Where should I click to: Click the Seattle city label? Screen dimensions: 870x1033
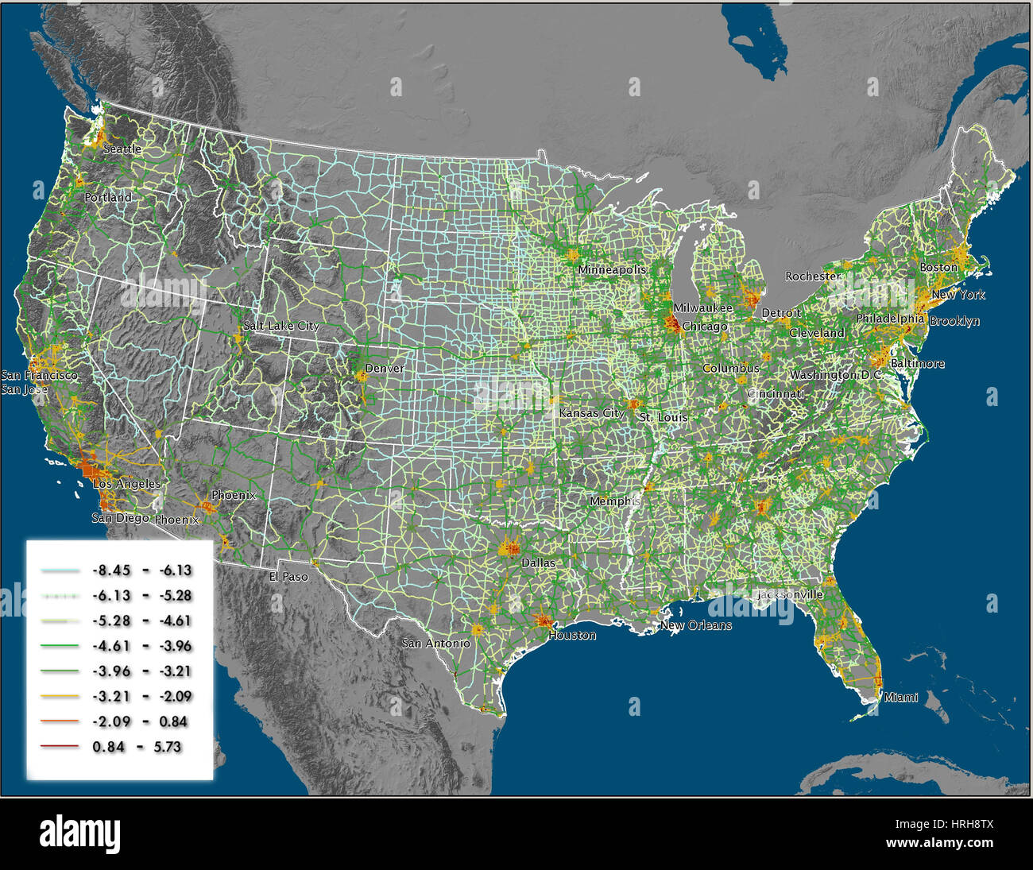click(x=122, y=149)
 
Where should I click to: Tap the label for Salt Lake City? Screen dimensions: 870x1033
click(x=281, y=326)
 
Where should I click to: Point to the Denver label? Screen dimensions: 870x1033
click(x=385, y=369)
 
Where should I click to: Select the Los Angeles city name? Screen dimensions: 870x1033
click(x=127, y=483)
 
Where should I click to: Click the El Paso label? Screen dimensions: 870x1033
click(x=288, y=577)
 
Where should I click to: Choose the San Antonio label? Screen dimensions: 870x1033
click(x=436, y=643)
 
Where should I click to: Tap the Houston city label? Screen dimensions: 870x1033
click(x=572, y=636)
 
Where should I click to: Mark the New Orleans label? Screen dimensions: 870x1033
click(x=696, y=625)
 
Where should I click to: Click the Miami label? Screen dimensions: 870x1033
click(x=901, y=698)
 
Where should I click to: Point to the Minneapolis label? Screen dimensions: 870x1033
click(x=612, y=270)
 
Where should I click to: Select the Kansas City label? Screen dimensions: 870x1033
click(x=592, y=413)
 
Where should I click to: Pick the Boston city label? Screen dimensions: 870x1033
click(x=938, y=268)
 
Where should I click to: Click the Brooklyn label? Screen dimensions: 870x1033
click(x=954, y=322)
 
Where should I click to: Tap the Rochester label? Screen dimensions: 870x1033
click(x=813, y=276)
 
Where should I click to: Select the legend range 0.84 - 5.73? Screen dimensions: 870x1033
click(x=137, y=747)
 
